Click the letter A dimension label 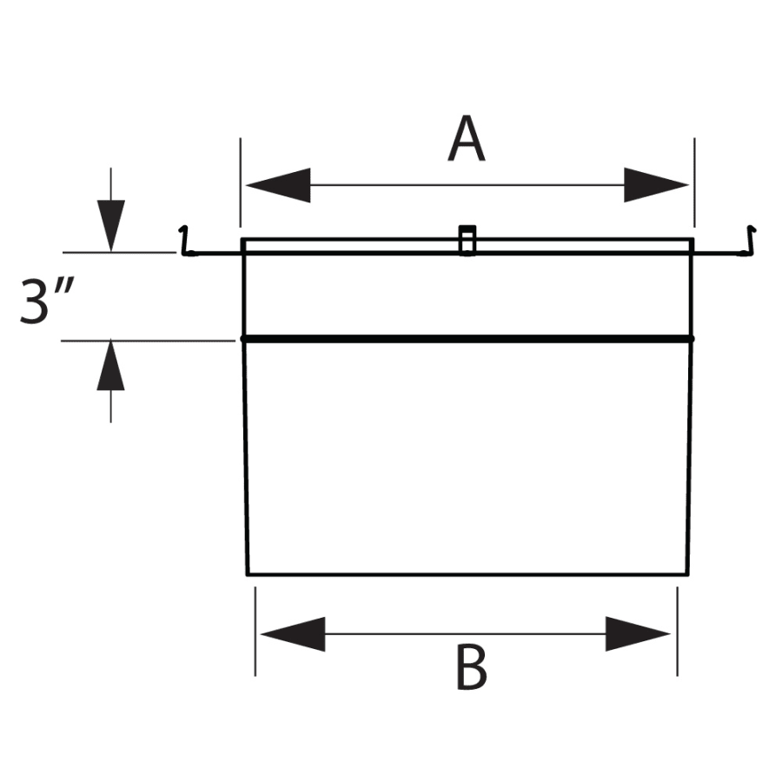click(467, 141)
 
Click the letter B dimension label click(471, 669)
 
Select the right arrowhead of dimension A click(656, 185)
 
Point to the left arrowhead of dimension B click(293, 634)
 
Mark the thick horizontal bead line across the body click(467, 339)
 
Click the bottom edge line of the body click(467, 574)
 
